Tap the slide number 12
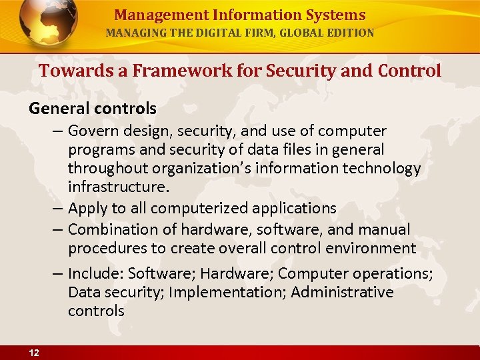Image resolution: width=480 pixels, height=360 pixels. [x=34, y=353]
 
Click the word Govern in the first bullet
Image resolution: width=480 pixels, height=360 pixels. [x=92, y=131]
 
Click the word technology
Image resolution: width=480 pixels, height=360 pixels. [x=382, y=169]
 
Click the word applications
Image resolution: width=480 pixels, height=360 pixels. [x=294, y=209]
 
